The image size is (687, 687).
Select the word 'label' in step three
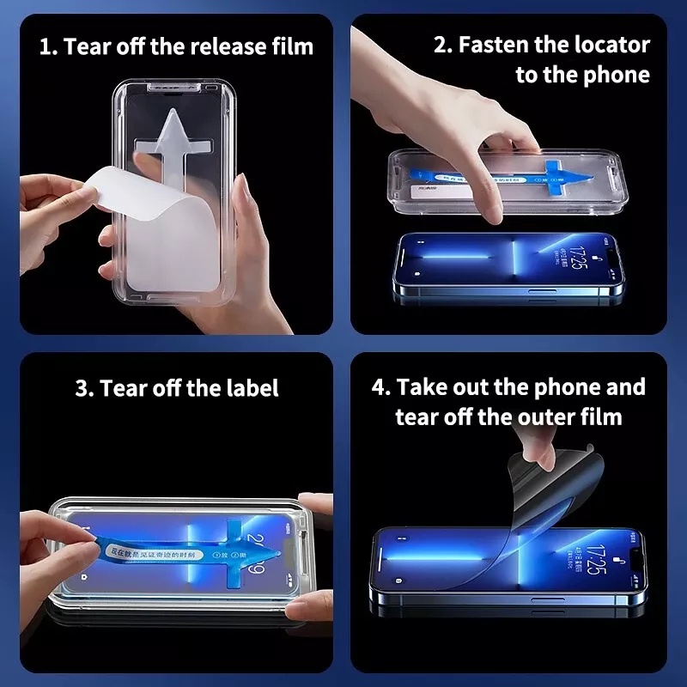pos(252,388)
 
